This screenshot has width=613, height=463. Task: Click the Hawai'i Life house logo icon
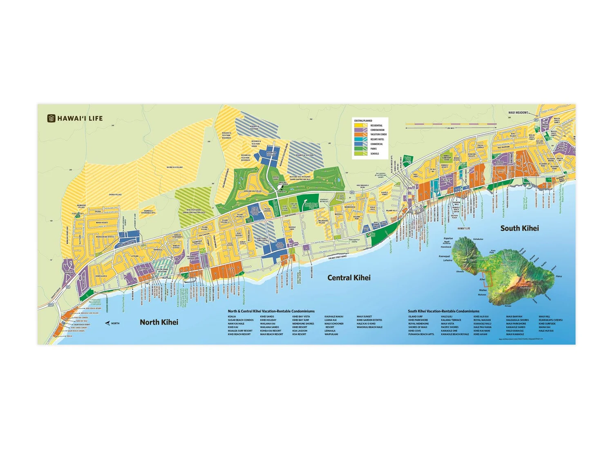(x=51, y=119)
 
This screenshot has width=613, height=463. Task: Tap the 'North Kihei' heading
(x=159, y=322)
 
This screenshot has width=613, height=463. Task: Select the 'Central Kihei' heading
(x=349, y=278)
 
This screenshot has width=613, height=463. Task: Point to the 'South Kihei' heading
(x=519, y=228)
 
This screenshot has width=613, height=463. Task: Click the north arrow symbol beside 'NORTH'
(x=107, y=323)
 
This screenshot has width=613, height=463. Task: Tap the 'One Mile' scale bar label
(x=451, y=128)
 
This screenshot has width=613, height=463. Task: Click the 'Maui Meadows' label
(x=518, y=112)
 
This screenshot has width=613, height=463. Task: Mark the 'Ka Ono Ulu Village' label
(x=175, y=167)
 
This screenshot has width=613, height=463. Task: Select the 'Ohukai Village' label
(x=115, y=195)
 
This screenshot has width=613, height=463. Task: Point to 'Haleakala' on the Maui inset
(x=525, y=288)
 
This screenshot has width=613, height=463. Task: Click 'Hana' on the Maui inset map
(x=559, y=276)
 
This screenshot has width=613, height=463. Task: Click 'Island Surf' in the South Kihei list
(x=415, y=317)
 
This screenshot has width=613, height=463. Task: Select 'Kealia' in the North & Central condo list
(x=232, y=317)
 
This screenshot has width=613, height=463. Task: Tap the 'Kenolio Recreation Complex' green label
(x=96, y=302)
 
